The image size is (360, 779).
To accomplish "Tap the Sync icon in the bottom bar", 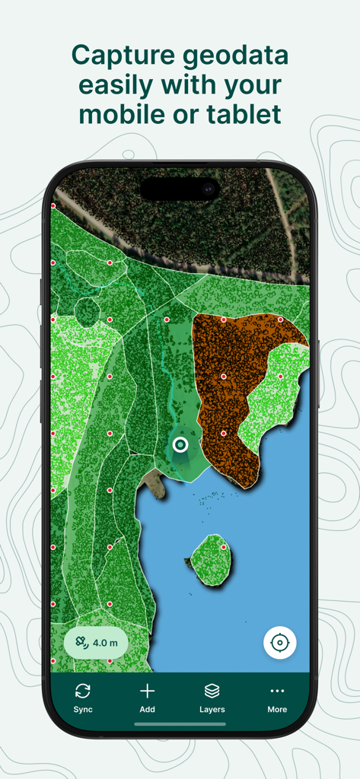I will [83, 691].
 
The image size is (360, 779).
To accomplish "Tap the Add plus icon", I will [148, 691].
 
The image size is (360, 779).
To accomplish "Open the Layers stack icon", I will [212, 691].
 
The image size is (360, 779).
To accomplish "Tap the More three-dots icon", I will [277, 691].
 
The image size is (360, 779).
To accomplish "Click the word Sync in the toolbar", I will [83, 709].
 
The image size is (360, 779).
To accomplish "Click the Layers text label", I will [212, 709].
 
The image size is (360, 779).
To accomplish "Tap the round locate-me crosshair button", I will [280, 643].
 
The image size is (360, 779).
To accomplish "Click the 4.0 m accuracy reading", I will [105, 643].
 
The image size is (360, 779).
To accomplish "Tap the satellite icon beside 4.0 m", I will [79, 643].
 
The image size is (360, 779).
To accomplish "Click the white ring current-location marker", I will [180, 444].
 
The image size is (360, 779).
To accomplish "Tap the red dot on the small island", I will [224, 547].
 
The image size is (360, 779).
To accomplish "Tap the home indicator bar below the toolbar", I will [180, 723].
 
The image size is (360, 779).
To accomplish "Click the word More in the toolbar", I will [277, 709].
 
